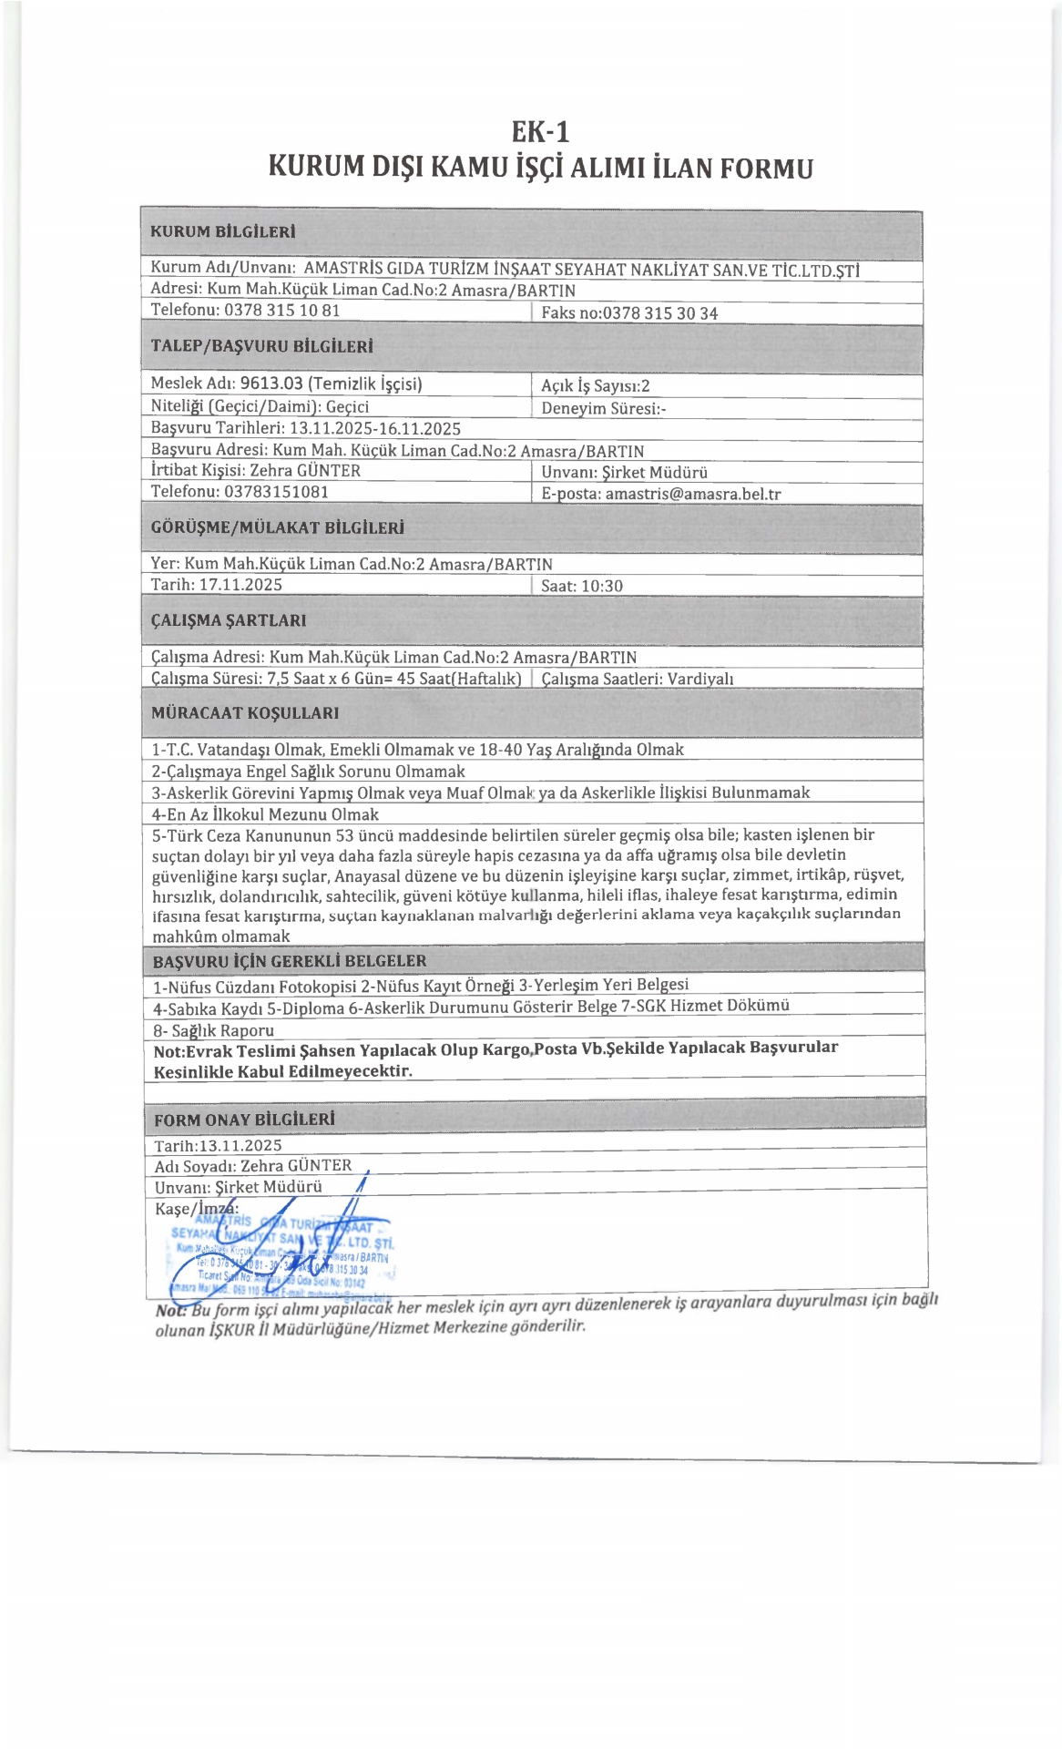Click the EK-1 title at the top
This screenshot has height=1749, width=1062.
click(x=540, y=132)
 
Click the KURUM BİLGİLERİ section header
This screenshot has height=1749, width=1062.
click(x=222, y=231)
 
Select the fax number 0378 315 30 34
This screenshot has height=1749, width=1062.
click(x=660, y=313)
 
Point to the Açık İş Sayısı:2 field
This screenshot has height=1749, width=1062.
click(x=595, y=386)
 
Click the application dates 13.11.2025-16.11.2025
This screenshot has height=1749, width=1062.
click(x=374, y=428)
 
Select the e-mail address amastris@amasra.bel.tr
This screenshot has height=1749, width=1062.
click(x=692, y=494)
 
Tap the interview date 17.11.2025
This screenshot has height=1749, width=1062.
click(x=240, y=584)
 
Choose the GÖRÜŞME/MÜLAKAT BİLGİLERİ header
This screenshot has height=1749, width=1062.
click(x=277, y=527)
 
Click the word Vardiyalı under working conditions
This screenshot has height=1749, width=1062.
click(x=700, y=679)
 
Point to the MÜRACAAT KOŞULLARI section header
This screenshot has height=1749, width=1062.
click(x=245, y=712)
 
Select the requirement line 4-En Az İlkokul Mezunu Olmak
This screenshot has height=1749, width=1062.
click(x=265, y=814)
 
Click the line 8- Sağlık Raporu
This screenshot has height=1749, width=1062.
click(x=214, y=1030)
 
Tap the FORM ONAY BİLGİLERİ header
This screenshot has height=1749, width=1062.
click(x=244, y=1120)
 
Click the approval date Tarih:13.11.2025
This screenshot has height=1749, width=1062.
click(x=218, y=1145)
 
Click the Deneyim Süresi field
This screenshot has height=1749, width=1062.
click(x=603, y=408)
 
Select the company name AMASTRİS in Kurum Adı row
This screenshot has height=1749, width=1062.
click(x=342, y=270)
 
